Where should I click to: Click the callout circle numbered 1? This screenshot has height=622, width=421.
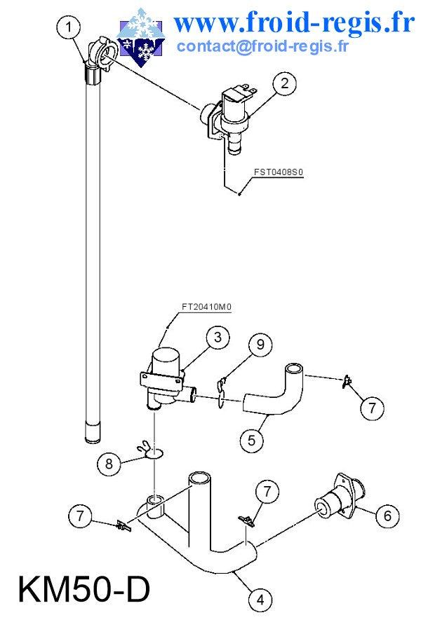tap(68, 27)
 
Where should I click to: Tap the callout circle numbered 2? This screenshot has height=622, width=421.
tap(284, 83)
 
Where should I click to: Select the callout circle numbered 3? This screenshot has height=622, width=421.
tap(218, 337)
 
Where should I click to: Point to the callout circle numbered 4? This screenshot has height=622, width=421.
tap(261, 600)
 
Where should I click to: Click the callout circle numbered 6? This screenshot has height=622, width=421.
tap(387, 516)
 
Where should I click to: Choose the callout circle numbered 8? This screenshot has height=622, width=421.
tap(109, 463)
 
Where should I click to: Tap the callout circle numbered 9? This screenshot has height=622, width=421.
tap(261, 344)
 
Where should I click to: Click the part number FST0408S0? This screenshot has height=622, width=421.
tap(279, 172)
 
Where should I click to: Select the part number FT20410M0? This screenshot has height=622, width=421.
tap(206, 307)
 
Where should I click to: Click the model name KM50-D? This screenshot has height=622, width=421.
tap(84, 590)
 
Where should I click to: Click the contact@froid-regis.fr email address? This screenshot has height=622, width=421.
tap(262, 46)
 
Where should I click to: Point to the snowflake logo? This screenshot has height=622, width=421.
tap(141, 36)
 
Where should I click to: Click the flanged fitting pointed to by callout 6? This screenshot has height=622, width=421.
tap(339, 497)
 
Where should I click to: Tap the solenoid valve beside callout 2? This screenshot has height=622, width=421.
tap(229, 117)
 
